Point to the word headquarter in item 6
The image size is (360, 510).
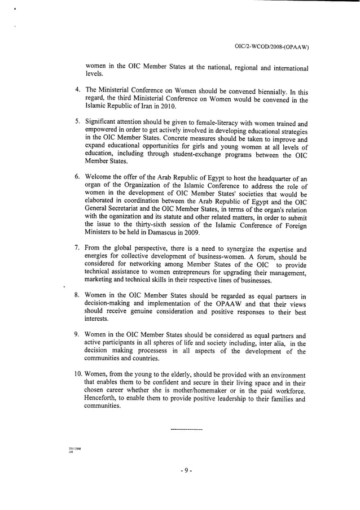pyautogui.click(x=273, y=178)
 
